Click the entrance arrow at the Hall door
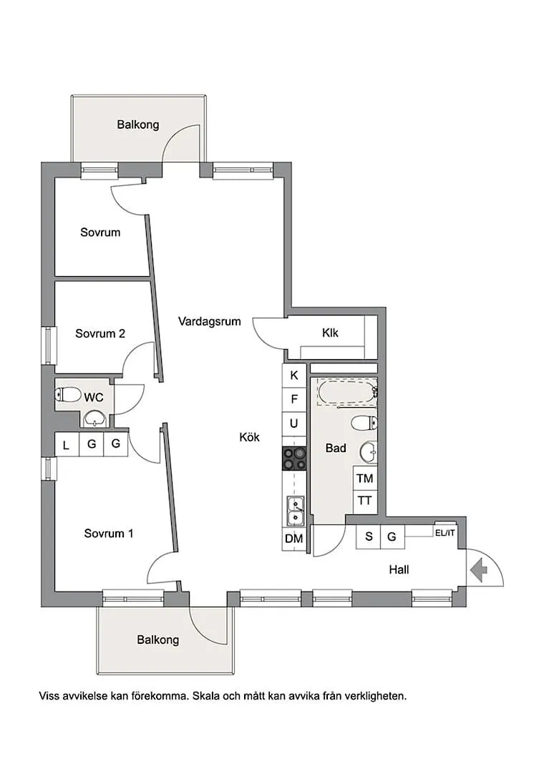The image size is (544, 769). pos(478,569)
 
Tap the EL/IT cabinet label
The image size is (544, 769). pos(445,532)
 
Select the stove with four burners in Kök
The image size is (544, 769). pos(293,459)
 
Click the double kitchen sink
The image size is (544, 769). pos(293,511)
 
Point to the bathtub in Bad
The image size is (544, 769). pos(346,393)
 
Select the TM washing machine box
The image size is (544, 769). pos(364,479)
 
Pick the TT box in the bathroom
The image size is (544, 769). pos(364,501)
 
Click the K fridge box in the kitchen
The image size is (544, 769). pos(293,376)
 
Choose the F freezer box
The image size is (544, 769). pos(293,399)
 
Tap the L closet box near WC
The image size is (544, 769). pos(66,446)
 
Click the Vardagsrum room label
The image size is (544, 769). pos(209,322)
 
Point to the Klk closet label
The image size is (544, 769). pos(330,333)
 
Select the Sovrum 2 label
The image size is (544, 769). pos(100,333)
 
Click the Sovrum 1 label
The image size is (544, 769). pos(109,534)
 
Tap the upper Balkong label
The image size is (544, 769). pos(138,124)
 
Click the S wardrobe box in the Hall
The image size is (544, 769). pos(369,537)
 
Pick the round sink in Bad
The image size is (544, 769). pos(369,451)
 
